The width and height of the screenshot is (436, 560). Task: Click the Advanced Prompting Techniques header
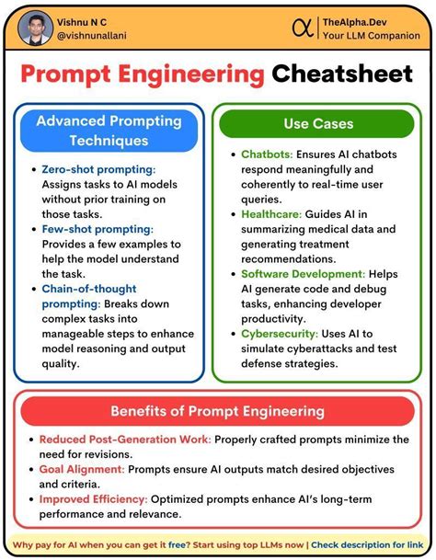pyautogui.click(x=109, y=131)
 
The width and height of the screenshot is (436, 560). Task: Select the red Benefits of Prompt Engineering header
pyautogui.click(x=218, y=410)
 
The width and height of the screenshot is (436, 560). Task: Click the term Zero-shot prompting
pyautogui.click(x=98, y=169)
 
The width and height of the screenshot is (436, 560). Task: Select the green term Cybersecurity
pyautogui.click(x=279, y=334)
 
